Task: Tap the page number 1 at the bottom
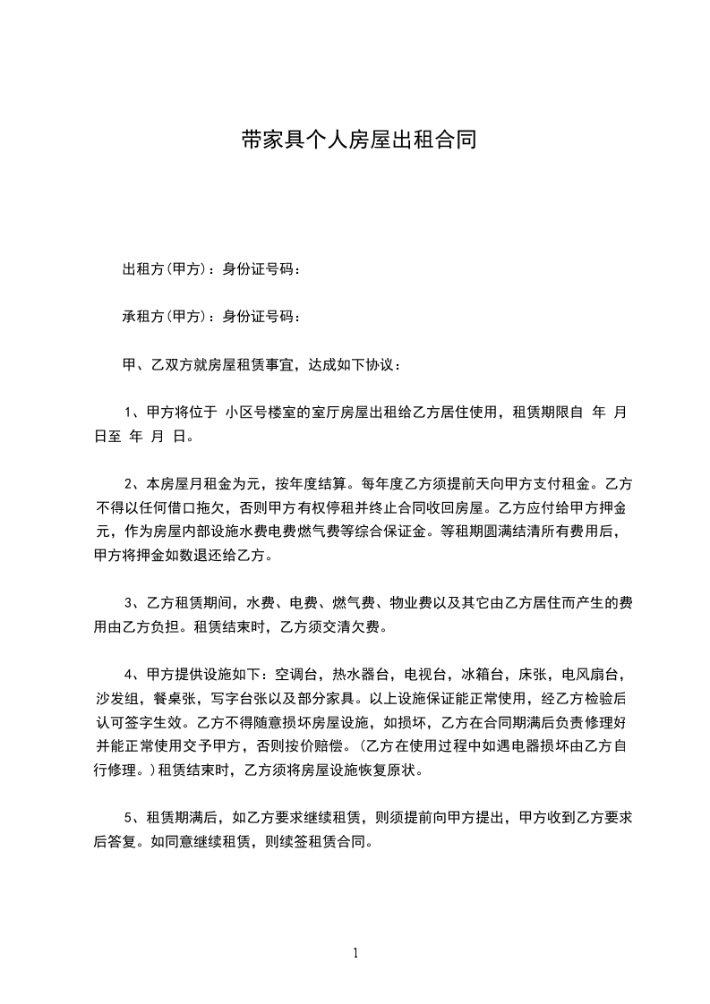(355, 953)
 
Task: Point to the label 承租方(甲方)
(165, 316)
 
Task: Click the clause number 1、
(133, 413)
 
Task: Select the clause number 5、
(133, 817)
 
